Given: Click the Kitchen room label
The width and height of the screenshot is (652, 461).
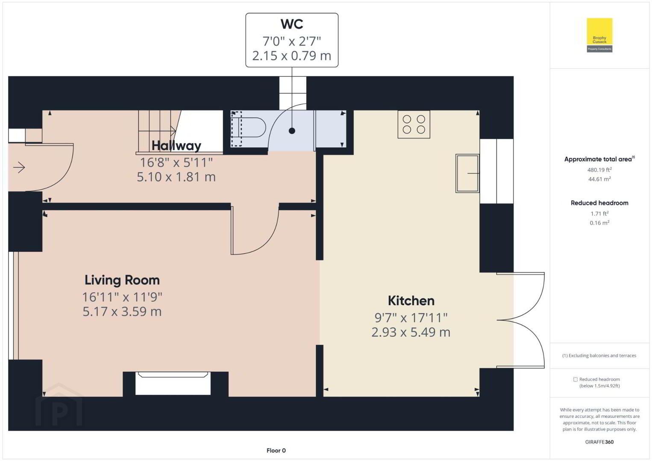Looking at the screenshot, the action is (411, 301).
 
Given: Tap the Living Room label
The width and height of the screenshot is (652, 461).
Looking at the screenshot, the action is (122, 280).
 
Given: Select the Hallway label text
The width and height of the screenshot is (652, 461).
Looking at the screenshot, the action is (176, 146).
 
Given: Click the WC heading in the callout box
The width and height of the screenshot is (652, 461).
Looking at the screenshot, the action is (292, 24).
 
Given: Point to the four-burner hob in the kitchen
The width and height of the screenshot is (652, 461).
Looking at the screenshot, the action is (414, 125).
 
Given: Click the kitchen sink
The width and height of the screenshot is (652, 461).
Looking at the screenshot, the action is (467, 173).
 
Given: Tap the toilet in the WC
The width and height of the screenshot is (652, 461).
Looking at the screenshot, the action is (249, 128).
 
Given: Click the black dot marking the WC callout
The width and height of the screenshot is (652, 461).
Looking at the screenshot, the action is (292, 131).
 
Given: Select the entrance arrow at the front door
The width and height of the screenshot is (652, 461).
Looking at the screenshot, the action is (19, 167).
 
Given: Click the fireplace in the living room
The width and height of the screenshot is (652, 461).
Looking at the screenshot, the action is (173, 383).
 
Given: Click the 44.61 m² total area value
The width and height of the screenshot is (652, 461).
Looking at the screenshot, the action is (599, 179).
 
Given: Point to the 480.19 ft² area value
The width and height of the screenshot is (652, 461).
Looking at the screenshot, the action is (599, 169).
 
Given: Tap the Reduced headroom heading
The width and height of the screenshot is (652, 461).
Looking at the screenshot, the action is (599, 203).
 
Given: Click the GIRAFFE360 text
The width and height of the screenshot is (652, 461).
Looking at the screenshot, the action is (599, 442).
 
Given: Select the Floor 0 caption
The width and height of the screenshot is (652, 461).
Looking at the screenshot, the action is (276, 450).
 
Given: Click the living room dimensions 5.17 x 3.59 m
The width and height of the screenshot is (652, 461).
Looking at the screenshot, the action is (122, 312).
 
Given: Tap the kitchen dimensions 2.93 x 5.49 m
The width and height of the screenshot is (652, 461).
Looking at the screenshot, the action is (411, 332).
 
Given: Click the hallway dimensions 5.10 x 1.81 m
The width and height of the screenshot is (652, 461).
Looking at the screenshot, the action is (176, 177).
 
